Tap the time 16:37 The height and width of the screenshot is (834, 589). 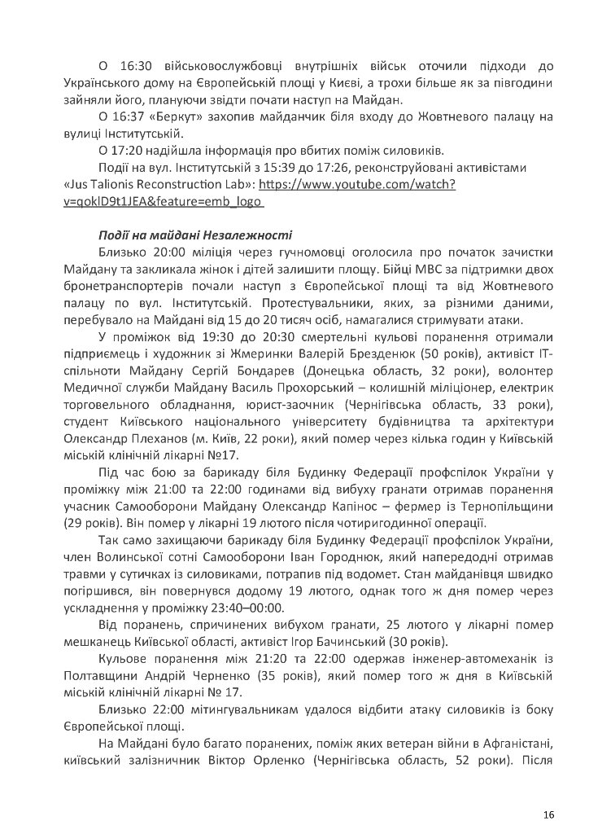(x=132, y=116)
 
